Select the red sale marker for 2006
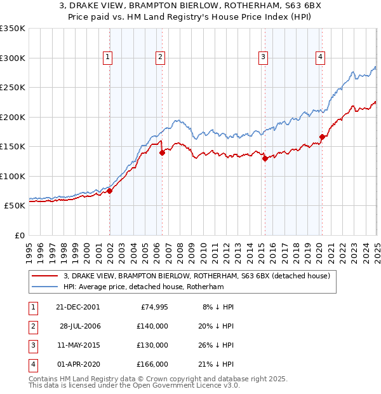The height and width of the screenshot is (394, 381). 163,152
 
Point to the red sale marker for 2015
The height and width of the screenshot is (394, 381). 265,159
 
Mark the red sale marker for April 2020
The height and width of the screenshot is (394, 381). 322,137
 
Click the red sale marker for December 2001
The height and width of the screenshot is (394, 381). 110,191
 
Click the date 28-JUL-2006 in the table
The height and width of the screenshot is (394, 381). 80,326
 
